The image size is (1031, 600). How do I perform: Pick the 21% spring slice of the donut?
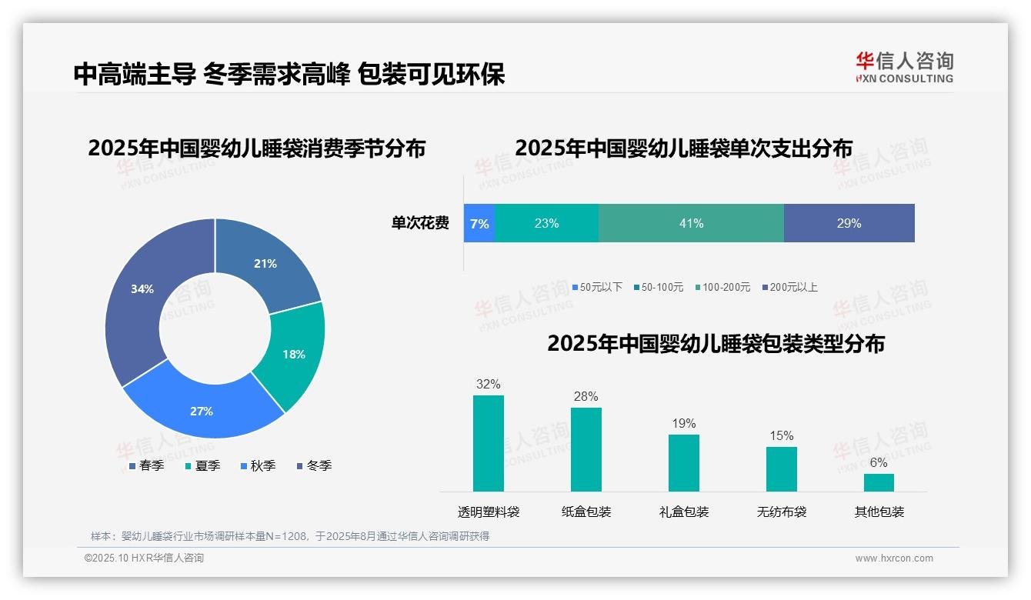[265, 264]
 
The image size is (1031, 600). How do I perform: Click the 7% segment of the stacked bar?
[479, 224]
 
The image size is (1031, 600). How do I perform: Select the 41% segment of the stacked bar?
[691, 224]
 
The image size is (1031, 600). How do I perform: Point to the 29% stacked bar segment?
[849, 224]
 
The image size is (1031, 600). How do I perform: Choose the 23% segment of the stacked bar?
[546, 224]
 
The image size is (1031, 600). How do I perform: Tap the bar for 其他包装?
[879, 482]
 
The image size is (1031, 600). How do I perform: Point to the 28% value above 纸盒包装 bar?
[586, 397]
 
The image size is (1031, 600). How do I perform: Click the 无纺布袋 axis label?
[782, 512]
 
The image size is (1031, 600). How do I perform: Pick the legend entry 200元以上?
[793, 288]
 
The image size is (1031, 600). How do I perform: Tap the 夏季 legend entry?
[207, 465]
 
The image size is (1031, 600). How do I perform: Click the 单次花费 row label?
[420, 224]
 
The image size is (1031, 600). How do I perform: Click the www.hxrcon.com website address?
[894, 558]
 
